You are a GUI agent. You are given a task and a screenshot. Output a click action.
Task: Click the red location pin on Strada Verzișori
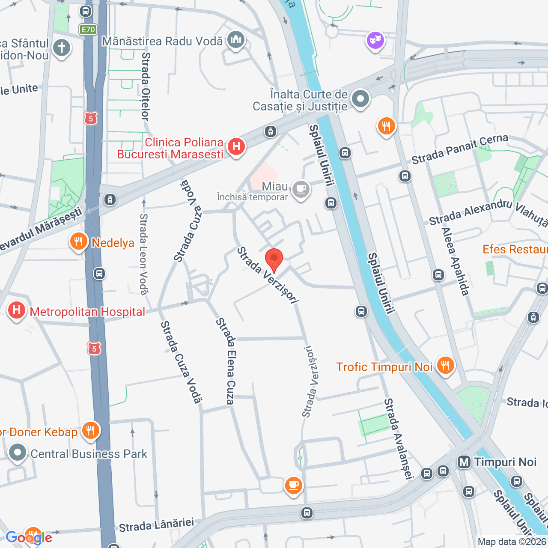pyautogui.click(x=274, y=259)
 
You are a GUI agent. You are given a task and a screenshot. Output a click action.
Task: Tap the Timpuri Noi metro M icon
pyautogui.click(x=464, y=462)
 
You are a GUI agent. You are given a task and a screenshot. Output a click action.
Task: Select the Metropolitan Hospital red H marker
pyautogui.click(x=17, y=310)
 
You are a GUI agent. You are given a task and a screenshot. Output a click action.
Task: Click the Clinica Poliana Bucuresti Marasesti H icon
pyautogui.click(x=236, y=146)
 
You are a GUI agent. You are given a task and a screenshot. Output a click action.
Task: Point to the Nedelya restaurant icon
pyautogui.click(x=78, y=242)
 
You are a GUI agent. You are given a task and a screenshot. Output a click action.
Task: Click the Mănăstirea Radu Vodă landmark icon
pyautogui.click(x=235, y=40)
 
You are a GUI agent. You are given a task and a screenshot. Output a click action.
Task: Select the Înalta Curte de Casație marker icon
pyautogui.click(x=360, y=99)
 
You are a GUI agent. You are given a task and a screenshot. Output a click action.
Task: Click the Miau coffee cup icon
pyautogui.click(x=301, y=189)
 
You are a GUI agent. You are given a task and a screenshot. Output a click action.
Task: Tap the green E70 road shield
pyautogui.click(x=88, y=30)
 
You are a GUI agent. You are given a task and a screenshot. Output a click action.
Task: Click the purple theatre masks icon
pyautogui.click(x=375, y=41)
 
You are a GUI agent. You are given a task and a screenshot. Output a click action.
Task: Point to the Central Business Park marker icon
pyautogui.click(x=18, y=453)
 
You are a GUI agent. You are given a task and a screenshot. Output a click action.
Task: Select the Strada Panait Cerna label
pyautogui.click(x=460, y=149)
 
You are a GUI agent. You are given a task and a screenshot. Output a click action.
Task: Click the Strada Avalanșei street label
pyautogui.click(x=399, y=438)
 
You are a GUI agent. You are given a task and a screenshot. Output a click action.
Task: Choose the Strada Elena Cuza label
pyautogui.click(x=226, y=361)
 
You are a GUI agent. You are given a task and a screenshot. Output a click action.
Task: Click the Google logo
pyautogui.click(x=29, y=537)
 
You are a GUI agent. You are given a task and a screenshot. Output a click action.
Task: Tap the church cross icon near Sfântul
pyautogui.click(x=62, y=48)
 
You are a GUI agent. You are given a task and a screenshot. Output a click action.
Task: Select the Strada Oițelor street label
pyautogui.click(x=146, y=86)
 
